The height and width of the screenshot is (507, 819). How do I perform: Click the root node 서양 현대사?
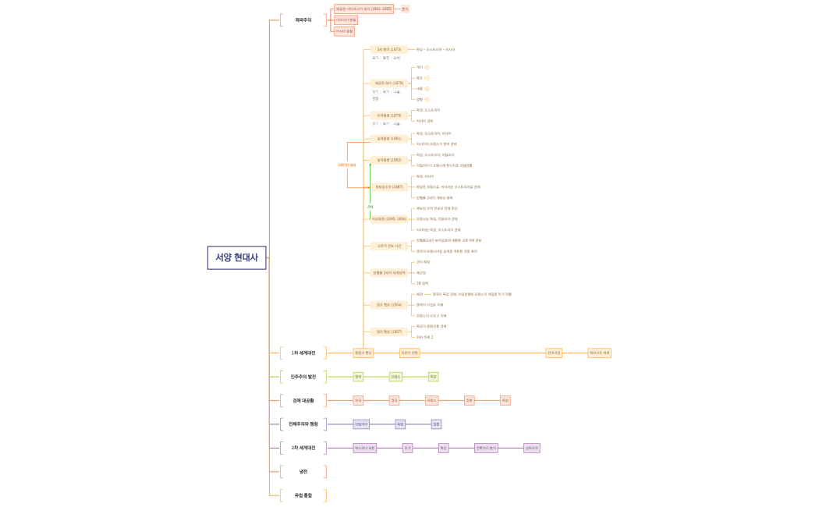236,257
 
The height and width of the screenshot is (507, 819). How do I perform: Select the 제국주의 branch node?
303,20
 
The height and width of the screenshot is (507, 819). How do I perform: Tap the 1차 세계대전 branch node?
303,353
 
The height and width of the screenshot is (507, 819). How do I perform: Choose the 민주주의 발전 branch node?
303,377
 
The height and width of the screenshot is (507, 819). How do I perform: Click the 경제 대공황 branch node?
303,400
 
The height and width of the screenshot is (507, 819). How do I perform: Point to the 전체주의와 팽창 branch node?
303,424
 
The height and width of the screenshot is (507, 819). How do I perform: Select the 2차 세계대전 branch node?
303,448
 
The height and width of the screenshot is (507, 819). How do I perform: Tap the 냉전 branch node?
303,472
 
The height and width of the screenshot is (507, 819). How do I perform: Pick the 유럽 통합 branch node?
303,495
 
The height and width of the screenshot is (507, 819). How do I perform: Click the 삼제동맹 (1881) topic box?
388,139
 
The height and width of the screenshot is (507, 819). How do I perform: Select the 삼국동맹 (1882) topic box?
388,160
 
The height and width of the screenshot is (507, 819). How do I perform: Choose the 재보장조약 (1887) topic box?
388,187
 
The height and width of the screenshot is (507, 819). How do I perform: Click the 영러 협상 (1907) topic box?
388,331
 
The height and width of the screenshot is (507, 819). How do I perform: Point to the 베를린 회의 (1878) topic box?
388,83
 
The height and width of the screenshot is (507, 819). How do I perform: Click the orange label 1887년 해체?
347,165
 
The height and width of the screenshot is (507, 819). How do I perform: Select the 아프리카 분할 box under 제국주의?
346,20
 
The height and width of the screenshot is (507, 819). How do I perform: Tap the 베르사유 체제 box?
599,353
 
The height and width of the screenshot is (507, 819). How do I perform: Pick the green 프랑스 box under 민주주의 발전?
395,377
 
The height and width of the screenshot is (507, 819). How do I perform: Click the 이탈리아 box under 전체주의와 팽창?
361,424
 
